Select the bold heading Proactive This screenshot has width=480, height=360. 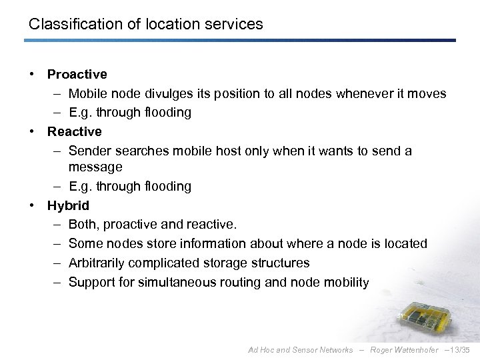tap(77, 74)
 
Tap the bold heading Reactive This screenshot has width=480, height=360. tap(74, 131)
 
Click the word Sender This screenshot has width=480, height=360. tap(89, 151)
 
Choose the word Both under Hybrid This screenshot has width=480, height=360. tap(84, 225)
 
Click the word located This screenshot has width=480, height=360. tap(404, 244)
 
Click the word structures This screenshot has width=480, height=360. tap(281, 263)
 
